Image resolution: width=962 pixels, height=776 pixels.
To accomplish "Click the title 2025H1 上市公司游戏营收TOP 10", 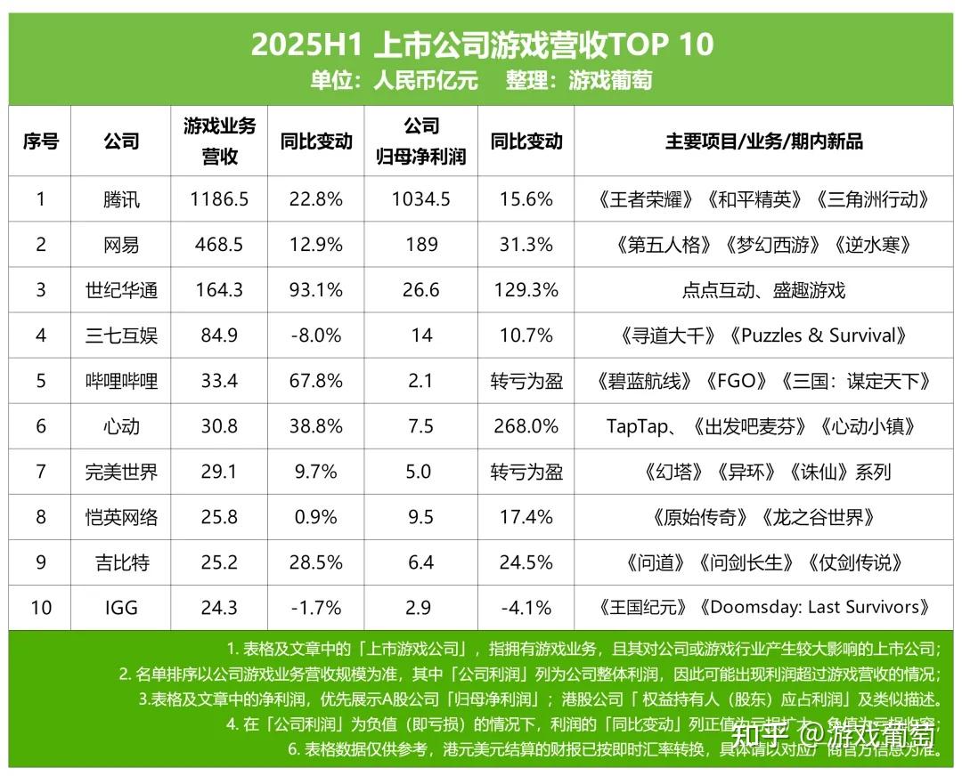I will tap(482, 44).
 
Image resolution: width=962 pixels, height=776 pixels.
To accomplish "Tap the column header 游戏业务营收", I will tap(219, 141).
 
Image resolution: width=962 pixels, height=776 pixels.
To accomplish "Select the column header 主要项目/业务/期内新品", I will tap(763, 141).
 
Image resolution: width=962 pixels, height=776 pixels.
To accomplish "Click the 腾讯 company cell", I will tap(121, 199).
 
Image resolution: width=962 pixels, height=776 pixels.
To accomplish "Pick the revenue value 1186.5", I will tap(219, 199).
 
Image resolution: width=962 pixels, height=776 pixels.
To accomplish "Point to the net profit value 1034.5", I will tap(421, 199).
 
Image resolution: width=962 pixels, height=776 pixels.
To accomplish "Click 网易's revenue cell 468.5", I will tap(219, 245).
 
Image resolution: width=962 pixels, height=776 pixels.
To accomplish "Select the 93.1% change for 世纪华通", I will tap(315, 290).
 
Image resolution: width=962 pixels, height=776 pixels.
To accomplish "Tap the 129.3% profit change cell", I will tap(526, 290).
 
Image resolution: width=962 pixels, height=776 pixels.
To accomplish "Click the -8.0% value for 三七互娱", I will tap(315, 335).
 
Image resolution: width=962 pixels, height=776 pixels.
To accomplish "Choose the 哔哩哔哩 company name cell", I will tap(121, 381).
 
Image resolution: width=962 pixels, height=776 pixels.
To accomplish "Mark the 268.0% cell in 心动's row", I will tap(526, 426).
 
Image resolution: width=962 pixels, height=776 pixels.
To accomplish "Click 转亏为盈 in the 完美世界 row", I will tap(526, 472).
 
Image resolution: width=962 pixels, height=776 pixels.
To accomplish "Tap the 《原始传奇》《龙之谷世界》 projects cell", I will tap(763, 517).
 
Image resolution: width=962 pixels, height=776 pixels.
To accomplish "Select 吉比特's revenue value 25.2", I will tap(219, 562).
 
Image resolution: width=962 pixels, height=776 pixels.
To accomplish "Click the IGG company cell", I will tap(121, 608).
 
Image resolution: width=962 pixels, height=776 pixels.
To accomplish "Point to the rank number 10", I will tap(41, 608).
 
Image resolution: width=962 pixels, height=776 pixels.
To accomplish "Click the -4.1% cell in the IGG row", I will tap(526, 608).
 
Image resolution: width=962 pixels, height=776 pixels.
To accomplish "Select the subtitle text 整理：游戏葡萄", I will tap(579, 81).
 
